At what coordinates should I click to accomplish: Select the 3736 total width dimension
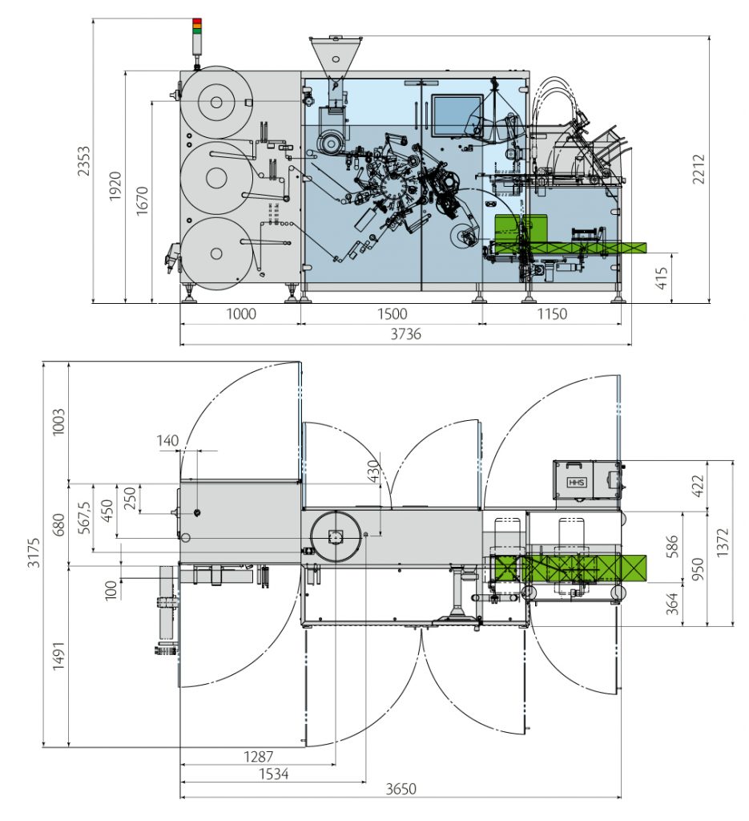[405, 334]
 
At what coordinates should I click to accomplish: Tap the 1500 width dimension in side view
[392, 313]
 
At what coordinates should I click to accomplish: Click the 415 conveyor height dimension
[662, 278]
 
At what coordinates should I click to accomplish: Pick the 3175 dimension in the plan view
[33, 553]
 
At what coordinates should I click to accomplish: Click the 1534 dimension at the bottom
[273, 774]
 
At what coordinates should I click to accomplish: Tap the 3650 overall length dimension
[401, 789]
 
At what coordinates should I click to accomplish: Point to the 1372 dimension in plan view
[723, 543]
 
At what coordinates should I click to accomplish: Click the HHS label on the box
[576, 483]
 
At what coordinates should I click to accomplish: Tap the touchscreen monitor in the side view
[453, 114]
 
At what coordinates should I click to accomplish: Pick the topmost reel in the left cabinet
[215, 102]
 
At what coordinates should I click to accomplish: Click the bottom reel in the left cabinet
[215, 253]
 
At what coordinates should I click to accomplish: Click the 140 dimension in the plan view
[168, 440]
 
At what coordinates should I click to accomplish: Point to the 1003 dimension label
[58, 422]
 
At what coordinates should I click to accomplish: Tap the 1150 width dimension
[550, 313]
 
